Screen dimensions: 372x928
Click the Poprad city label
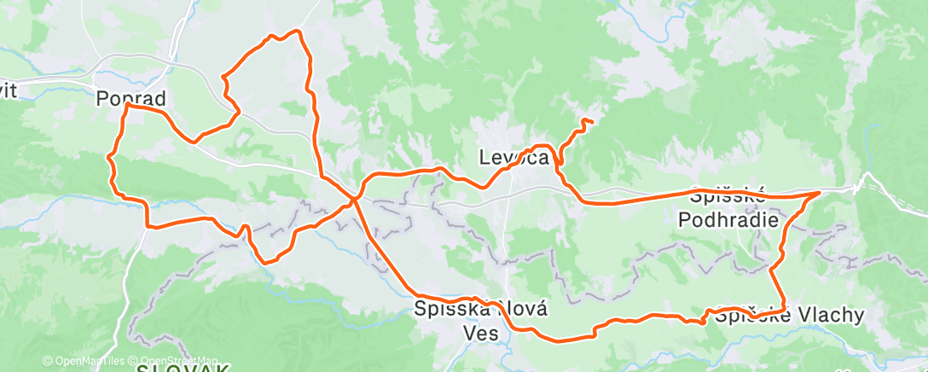tap(130, 98)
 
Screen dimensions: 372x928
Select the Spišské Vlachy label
tap(790, 315)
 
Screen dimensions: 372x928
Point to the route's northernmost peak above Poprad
tap(298, 31)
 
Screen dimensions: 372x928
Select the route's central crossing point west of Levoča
tap(354, 200)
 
